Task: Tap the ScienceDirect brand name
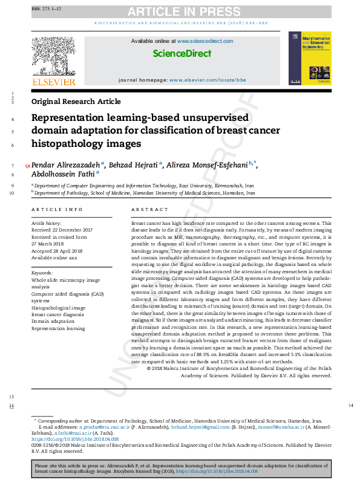(x=182, y=53)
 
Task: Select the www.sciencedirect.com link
(x=205, y=41)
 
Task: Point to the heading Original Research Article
(x=76, y=102)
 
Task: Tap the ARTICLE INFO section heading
(x=57, y=209)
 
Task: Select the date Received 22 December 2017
(x=62, y=230)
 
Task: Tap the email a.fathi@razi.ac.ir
(x=73, y=433)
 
